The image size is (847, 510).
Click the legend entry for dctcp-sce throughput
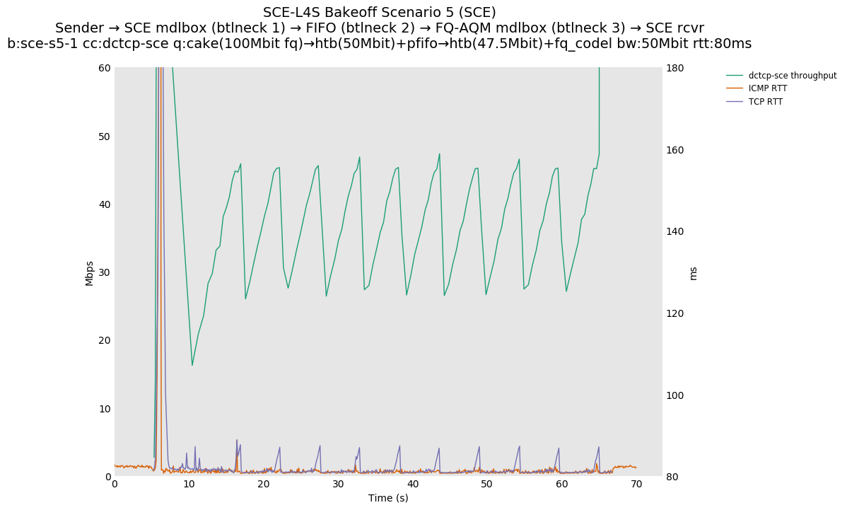click(x=792, y=76)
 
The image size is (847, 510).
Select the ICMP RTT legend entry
click(x=767, y=88)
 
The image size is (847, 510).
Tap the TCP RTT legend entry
click(x=765, y=102)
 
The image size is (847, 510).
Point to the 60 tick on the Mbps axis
click(x=105, y=68)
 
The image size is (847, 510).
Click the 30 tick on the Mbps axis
click(x=105, y=272)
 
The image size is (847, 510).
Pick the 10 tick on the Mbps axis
click(x=105, y=409)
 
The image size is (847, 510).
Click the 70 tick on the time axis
click(x=636, y=484)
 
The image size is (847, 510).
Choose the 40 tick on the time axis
click(x=413, y=484)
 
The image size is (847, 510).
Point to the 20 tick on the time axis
click(x=264, y=484)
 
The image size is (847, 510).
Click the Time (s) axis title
click(x=388, y=498)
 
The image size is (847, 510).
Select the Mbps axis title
click(x=90, y=272)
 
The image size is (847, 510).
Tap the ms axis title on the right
click(x=693, y=273)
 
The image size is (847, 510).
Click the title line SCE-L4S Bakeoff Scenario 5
click(x=379, y=13)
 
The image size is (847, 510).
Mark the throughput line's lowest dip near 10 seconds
click(x=192, y=365)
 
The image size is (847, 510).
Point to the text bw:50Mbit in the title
click(x=651, y=44)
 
